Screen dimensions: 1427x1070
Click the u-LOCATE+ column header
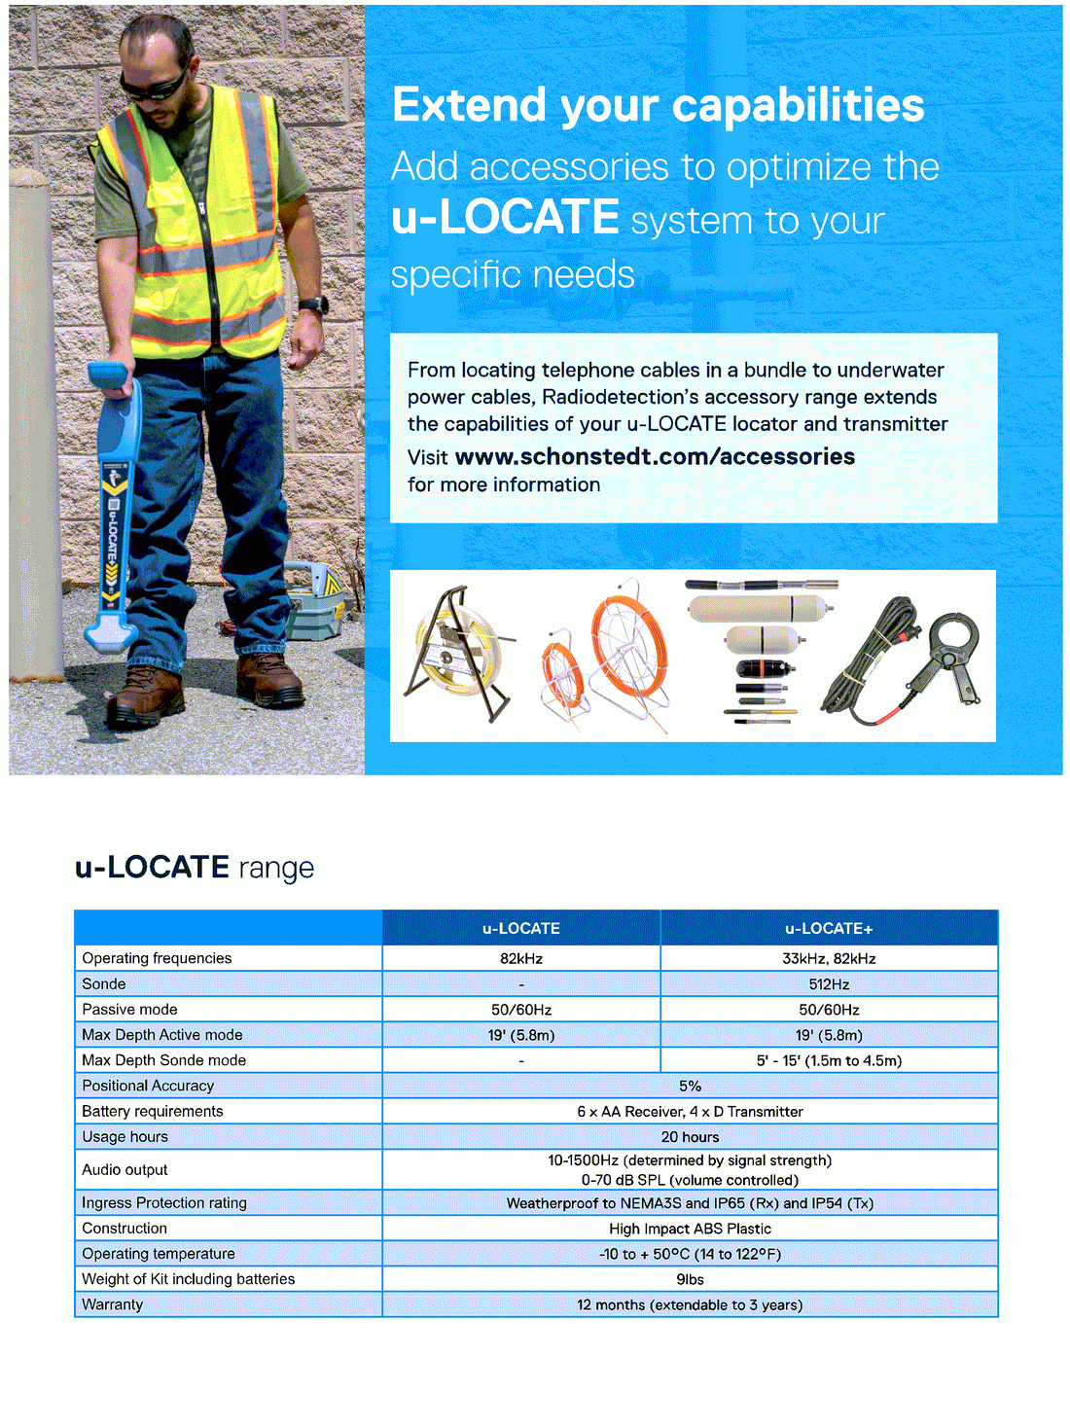click(x=829, y=928)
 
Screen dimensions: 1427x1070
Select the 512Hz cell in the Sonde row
click(x=829, y=983)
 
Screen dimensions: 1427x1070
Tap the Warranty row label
click(x=112, y=1304)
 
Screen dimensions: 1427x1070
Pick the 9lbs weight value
click(x=690, y=1279)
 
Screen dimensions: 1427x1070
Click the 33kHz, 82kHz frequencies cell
click(x=829, y=958)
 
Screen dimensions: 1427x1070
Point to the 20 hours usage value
click(x=690, y=1136)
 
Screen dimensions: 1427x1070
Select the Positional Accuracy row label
click(x=148, y=1086)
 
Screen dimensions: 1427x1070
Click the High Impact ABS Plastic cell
click(x=690, y=1229)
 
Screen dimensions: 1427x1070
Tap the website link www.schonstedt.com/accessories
click(x=655, y=456)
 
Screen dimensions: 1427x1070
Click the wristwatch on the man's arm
click(x=313, y=305)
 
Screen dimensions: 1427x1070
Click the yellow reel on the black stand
click(x=457, y=654)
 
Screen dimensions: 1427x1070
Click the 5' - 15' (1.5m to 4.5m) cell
click(x=829, y=1060)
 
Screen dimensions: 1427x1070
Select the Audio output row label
click(x=125, y=1169)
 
